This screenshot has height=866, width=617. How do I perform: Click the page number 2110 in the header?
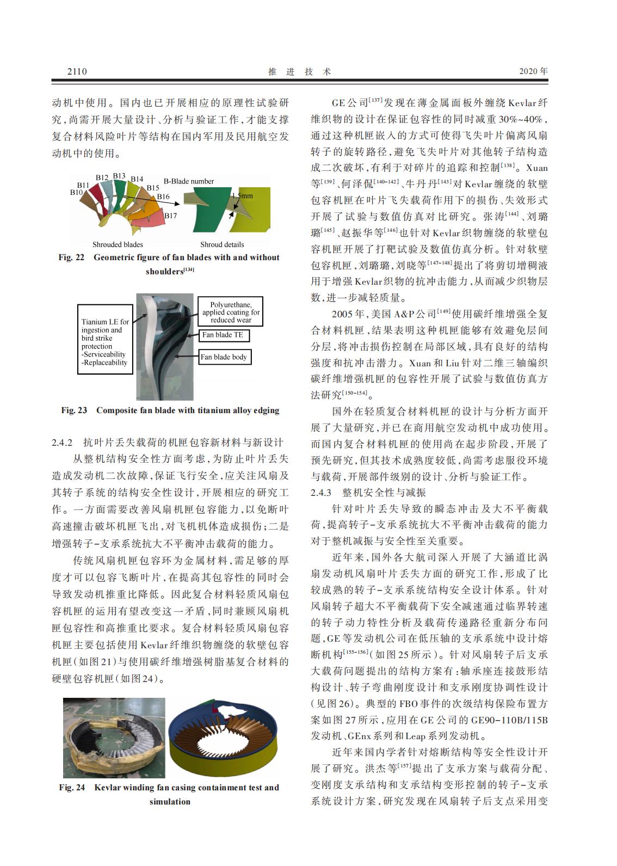point(77,71)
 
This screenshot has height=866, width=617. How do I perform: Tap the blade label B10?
point(76,192)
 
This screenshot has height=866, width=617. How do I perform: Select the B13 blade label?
point(119,176)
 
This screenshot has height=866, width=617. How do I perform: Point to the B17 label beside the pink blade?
point(171,216)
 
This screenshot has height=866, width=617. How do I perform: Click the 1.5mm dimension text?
point(242,195)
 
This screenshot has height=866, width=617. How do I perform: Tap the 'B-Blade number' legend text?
point(189,181)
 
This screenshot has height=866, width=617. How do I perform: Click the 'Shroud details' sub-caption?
point(222,244)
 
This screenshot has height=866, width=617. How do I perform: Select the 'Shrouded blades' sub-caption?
point(118,244)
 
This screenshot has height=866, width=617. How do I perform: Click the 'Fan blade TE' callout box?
point(223,335)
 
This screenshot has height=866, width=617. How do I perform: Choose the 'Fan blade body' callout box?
point(224,357)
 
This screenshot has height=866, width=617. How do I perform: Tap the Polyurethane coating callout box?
point(231,312)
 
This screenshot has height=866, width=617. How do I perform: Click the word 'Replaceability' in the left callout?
point(106,363)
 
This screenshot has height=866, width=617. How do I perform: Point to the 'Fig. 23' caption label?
point(74,410)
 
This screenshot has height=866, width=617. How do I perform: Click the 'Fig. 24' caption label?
point(72,788)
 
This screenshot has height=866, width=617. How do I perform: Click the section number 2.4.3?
point(321,493)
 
